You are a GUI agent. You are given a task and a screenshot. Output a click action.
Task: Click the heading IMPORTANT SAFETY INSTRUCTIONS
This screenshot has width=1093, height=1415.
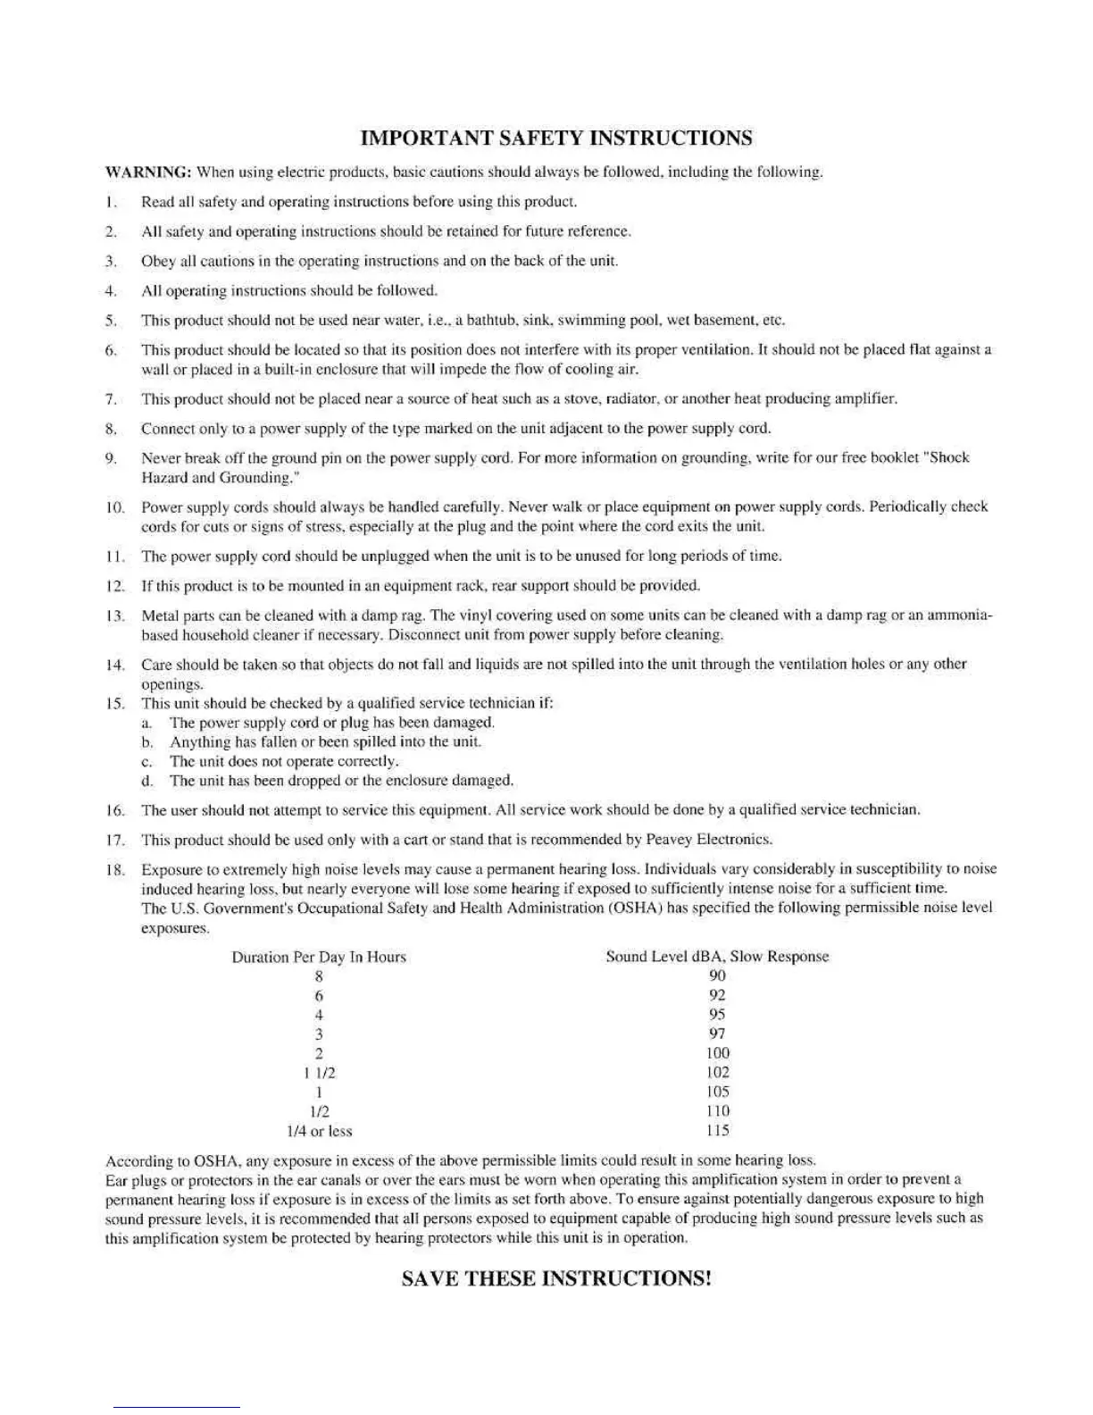(x=555, y=138)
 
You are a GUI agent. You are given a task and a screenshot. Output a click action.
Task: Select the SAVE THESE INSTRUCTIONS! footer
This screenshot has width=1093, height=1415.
(x=555, y=1278)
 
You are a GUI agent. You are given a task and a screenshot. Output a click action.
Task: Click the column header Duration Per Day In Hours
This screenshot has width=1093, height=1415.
(x=319, y=957)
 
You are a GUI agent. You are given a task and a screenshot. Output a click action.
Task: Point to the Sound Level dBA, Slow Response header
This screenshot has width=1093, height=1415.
(x=717, y=957)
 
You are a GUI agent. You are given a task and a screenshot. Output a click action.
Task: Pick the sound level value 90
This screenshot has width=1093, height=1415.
(x=717, y=976)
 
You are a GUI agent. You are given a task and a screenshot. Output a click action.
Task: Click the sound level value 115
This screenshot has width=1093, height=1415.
(x=717, y=1131)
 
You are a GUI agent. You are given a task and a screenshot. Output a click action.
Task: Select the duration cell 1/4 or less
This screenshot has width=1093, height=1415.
(x=319, y=1131)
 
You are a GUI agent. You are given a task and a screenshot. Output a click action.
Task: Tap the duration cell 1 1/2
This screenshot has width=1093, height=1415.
(x=319, y=1073)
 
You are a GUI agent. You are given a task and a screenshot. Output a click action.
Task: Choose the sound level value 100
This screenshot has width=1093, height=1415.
(x=717, y=1053)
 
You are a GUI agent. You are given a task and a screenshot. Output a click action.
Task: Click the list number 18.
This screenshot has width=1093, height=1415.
(x=114, y=869)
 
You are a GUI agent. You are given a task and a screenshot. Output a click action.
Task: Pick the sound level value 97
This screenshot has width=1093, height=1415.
(x=717, y=1034)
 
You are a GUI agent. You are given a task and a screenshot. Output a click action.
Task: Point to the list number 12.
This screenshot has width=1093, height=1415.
(x=114, y=586)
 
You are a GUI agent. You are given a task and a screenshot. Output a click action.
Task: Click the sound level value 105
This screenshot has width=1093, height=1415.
(x=717, y=1093)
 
